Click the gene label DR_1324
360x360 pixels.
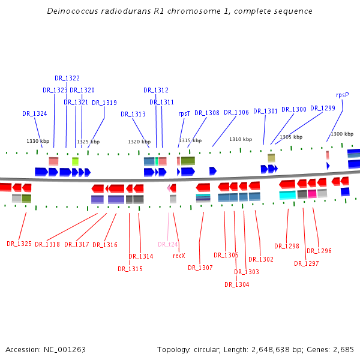(x=35, y=113)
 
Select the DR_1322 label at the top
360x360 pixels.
(x=67, y=78)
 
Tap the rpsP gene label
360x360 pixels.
(x=342, y=95)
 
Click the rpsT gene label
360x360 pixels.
(x=184, y=113)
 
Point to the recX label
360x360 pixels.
(x=179, y=256)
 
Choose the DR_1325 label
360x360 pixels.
(x=19, y=244)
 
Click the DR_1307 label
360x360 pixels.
(x=200, y=268)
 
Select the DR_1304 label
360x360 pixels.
(x=236, y=284)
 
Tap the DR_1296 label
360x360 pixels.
(x=319, y=251)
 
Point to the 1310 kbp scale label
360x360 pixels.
(x=240, y=139)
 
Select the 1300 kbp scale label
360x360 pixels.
(x=342, y=134)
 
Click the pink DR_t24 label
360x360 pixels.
(x=169, y=244)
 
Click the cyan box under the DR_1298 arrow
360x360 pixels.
(x=287, y=194)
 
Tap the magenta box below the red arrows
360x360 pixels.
(x=312, y=194)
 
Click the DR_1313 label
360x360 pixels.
(x=133, y=114)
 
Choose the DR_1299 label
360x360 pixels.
(x=323, y=109)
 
